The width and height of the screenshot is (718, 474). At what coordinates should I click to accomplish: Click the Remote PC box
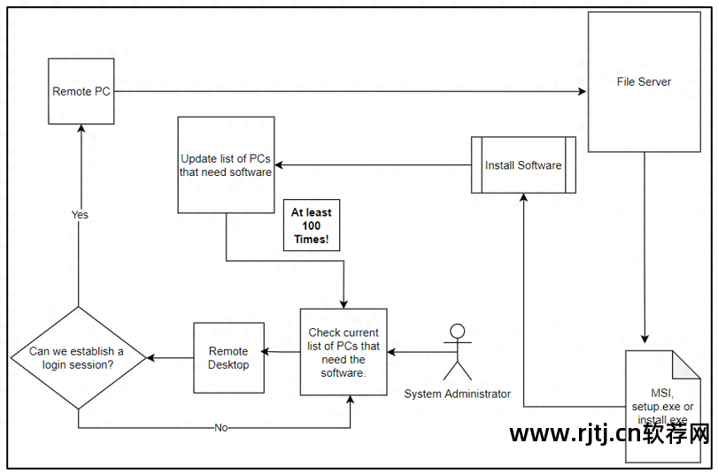click(x=81, y=91)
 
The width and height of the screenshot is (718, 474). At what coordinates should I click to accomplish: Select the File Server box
click(x=644, y=82)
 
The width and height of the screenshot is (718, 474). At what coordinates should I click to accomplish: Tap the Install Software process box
click(x=523, y=165)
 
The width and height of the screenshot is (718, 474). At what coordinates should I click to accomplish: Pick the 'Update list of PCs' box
click(x=226, y=165)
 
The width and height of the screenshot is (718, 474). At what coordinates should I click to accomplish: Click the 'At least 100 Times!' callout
click(x=312, y=226)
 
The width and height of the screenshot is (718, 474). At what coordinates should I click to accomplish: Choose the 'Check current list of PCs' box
click(x=344, y=352)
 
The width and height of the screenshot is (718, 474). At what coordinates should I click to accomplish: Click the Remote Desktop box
click(x=228, y=357)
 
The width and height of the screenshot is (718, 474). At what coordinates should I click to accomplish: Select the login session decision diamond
click(x=78, y=358)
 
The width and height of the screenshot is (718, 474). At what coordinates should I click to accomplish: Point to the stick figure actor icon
click(x=457, y=351)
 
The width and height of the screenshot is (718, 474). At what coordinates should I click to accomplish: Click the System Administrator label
click(x=457, y=394)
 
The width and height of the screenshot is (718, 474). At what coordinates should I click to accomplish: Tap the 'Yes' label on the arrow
click(x=80, y=215)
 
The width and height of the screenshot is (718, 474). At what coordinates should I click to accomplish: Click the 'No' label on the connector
click(x=220, y=428)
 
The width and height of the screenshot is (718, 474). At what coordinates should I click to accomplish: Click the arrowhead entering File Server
click(x=583, y=91)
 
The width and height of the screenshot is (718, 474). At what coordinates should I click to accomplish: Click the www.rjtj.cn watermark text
click(x=610, y=433)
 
